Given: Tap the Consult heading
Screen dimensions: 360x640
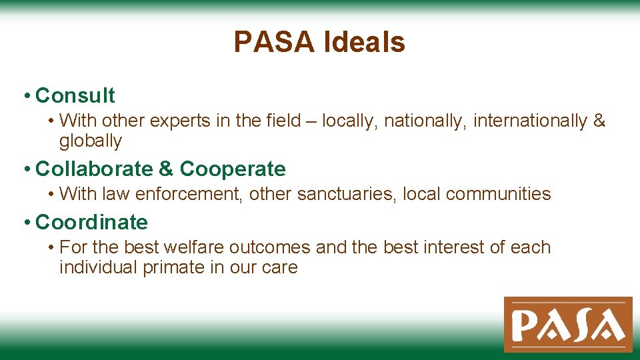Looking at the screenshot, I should tap(75, 96).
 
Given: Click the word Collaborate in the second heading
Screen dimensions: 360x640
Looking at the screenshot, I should tap(94, 169).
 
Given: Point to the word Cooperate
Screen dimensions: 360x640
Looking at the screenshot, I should tap(233, 169).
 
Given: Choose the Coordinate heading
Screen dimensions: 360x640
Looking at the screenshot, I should tap(91, 222).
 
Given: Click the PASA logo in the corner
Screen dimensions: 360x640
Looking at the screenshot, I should tap(567, 325).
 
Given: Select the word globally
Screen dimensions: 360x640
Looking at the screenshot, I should tap(91, 141).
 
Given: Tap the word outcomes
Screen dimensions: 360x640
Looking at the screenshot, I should tap(270, 247).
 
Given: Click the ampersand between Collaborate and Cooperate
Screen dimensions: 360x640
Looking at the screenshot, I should tap(165, 169).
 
